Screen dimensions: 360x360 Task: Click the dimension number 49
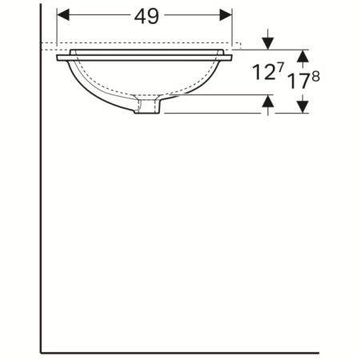[x=144, y=15]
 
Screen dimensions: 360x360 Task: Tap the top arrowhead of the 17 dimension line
[x=302, y=55]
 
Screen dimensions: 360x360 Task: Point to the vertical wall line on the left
[x=41, y=200]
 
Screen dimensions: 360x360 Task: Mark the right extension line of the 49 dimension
[x=232, y=28]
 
